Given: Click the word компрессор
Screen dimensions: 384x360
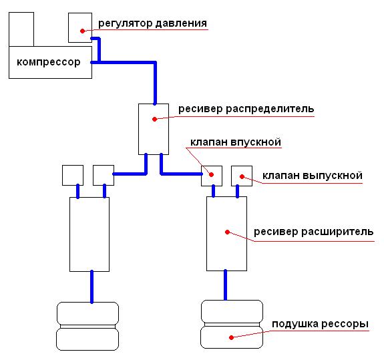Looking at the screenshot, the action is pyautogui.click(x=49, y=62).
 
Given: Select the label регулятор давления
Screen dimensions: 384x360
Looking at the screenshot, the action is pyautogui.click(x=152, y=23).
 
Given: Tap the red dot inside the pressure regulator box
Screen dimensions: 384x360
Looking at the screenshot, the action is pyautogui.click(x=83, y=31).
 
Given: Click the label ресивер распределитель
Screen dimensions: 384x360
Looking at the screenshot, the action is pyautogui.click(x=246, y=109).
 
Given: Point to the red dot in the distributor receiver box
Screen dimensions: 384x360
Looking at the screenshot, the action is pyautogui.click(x=154, y=120).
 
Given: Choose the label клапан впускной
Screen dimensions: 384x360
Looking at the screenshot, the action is pyautogui.click(x=236, y=142).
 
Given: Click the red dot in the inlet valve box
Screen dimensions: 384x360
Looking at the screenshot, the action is pyautogui.click(x=211, y=174).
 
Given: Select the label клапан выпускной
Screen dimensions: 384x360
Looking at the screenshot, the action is pyautogui.click(x=313, y=176).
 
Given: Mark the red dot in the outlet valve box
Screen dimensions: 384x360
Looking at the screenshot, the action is pyautogui.click(x=242, y=176).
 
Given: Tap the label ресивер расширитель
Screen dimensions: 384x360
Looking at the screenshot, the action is pyautogui.click(x=313, y=232).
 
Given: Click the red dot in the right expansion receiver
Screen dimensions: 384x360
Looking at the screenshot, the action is pyautogui.click(x=227, y=232).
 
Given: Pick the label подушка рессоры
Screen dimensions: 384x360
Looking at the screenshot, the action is pyautogui.click(x=320, y=324).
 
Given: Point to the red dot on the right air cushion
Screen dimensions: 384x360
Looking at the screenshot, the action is pyautogui.click(x=231, y=337).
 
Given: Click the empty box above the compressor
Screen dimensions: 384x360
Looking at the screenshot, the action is pyautogui.click(x=21, y=29).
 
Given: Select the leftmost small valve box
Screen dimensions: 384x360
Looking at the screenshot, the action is pyautogui.click(x=73, y=176).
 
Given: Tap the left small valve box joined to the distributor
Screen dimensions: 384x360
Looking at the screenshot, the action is pyautogui.click(x=104, y=176).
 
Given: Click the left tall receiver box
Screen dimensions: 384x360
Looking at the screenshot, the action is pyautogui.click(x=89, y=234).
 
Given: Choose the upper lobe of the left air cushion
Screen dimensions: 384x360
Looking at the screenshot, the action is pyautogui.click(x=87, y=314).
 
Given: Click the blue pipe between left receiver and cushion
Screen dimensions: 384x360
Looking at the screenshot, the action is pyautogui.click(x=92, y=287).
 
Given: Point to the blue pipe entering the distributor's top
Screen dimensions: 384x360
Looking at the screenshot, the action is pyautogui.click(x=155, y=83).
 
